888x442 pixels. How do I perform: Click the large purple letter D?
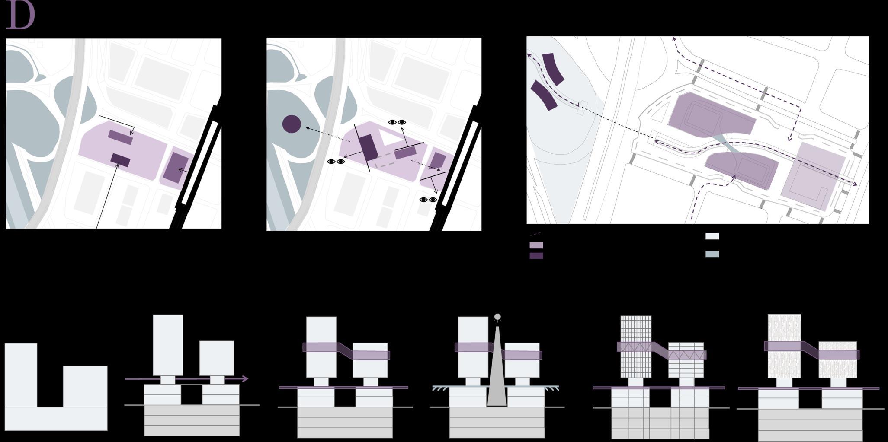pyautogui.click(x=20, y=15)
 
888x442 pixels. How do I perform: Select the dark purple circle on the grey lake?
pyautogui.click(x=292, y=124)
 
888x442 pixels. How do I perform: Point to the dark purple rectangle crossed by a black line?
pyautogui.click(x=369, y=147)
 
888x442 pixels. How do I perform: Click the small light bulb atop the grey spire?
pyautogui.click(x=497, y=317)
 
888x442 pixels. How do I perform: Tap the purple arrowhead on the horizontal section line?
pyautogui.click(x=245, y=379)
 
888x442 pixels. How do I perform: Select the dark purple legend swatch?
pyautogui.click(x=536, y=255)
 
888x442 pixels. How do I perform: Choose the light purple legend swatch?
pyautogui.click(x=536, y=245)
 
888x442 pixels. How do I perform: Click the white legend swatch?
pyautogui.click(x=712, y=236)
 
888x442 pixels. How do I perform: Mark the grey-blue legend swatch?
pyautogui.click(x=712, y=254)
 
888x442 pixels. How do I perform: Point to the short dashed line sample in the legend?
pyautogui.click(x=536, y=234)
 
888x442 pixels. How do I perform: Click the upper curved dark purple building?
pyautogui.click(x=553, y=69)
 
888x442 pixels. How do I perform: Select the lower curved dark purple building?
pyautogui.click(x=544, y=95)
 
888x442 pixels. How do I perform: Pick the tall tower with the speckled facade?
pyautogui.click(x=784, y=346)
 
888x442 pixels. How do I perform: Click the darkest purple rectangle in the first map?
pyautogui.click(x=120, y=160)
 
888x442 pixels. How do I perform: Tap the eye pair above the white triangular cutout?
pyautogui.click(x=397, y=122)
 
